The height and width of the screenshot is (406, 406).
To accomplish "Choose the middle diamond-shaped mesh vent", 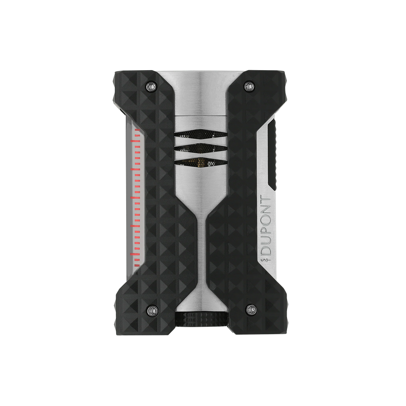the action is point(201,148).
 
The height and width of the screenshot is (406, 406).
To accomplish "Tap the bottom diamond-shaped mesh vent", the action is point(201,162).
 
